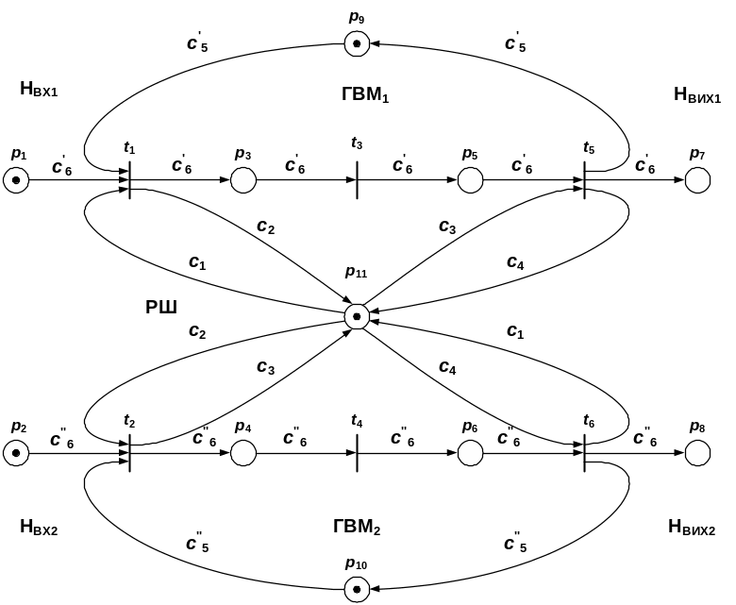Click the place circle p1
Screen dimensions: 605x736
16,179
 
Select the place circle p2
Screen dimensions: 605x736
16,454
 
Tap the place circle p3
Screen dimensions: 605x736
243,179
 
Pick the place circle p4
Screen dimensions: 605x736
243,454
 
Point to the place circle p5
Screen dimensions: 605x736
470,179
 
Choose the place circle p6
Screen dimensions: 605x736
470,454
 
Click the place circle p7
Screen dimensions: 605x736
697,179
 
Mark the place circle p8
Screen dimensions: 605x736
697,454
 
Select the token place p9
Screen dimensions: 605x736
356,43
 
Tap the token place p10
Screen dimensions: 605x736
356,590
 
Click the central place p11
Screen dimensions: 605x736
356,316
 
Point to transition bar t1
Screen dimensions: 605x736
129,179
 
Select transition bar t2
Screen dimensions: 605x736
129,454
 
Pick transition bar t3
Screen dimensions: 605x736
357,179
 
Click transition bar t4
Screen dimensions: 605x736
357,454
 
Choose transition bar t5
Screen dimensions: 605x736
584,179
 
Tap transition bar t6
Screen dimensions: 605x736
584,454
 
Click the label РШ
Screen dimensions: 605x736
161,307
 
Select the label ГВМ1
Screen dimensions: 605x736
365,94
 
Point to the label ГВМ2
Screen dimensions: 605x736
357,527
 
